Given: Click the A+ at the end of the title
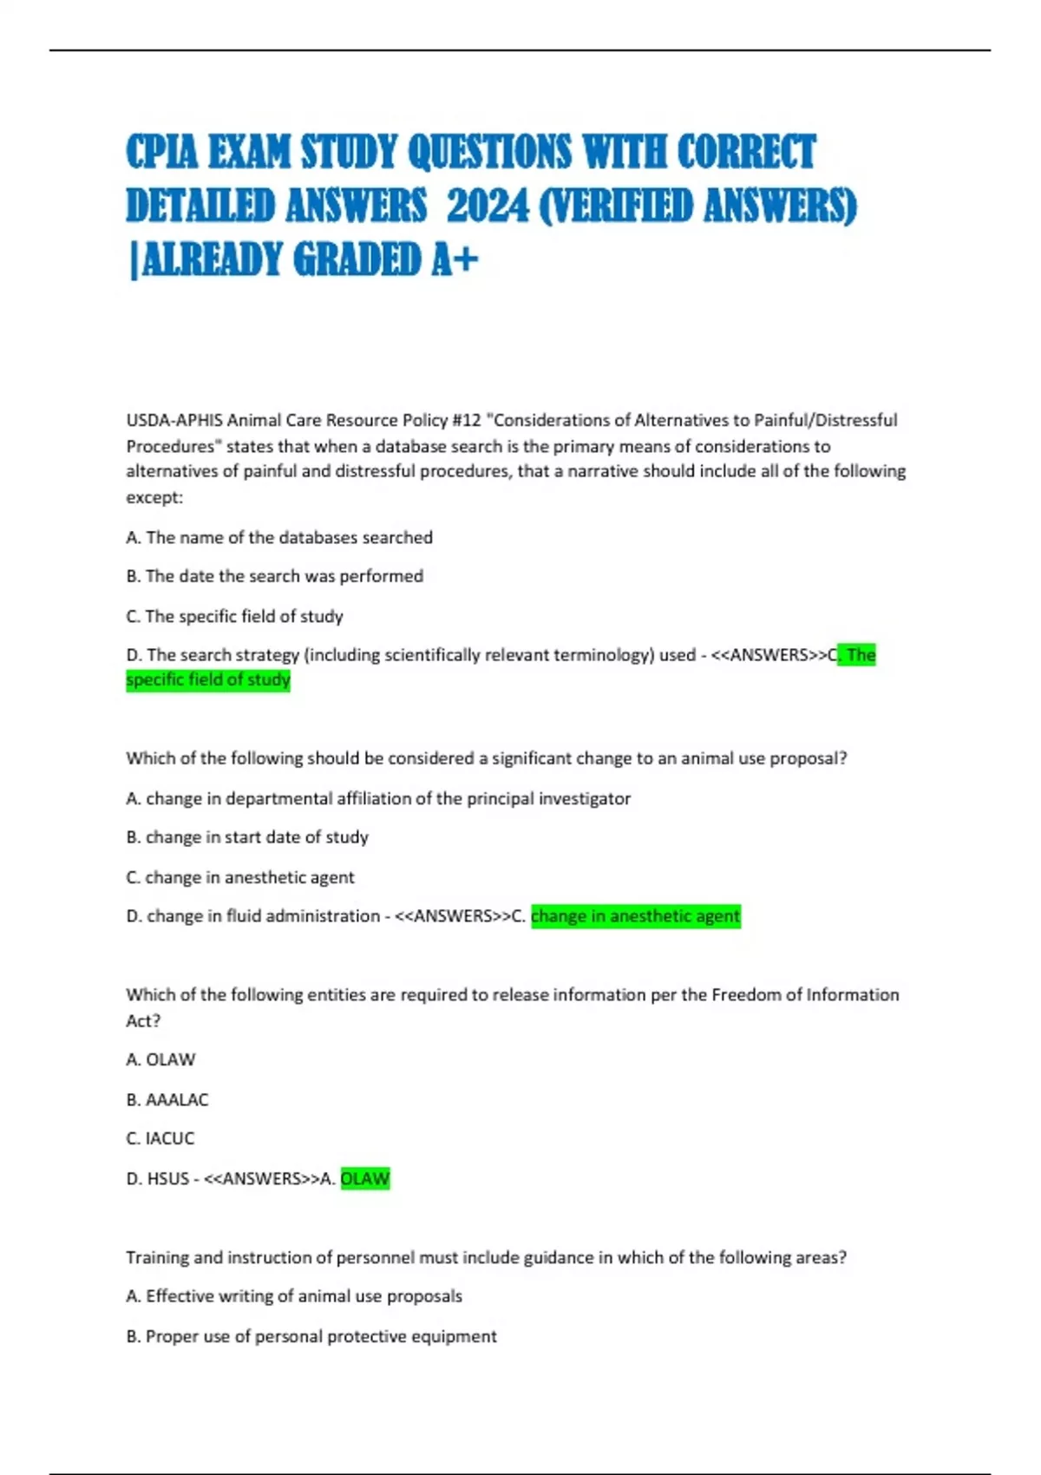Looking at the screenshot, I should pos(454,259).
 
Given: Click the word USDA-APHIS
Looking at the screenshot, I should pos(174,421).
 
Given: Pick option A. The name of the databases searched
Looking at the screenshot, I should pos(279,538).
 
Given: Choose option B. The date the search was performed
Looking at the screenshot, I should pos(275,576).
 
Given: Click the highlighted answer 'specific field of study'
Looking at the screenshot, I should pos(208,680).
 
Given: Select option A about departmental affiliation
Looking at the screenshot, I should pos(378,798).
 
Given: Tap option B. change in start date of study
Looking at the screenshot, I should pos(247,837).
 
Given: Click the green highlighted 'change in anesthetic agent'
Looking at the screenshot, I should pos(635,916).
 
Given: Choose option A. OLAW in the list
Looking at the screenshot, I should pos(161,1059).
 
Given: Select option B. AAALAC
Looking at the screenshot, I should pos(167,1099).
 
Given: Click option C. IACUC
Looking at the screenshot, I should pos(160,1138).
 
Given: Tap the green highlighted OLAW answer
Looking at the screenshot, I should pos(365,1178).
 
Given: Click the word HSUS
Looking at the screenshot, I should pos(168,1178).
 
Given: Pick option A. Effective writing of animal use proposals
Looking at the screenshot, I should pos(294,1296).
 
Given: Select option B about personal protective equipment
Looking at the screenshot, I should pos(311,1336).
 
